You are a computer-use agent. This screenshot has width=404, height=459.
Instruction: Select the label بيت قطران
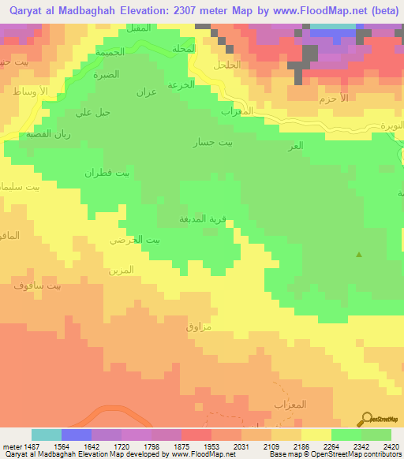tap(108, 173)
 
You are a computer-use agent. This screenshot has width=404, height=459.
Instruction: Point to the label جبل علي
tap(92, 113)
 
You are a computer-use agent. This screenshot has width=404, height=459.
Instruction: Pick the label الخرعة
tap(181, 84)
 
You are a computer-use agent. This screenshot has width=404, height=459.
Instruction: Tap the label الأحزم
tap(334, 99)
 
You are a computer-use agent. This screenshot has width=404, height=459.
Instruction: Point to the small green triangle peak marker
tap(360, 254)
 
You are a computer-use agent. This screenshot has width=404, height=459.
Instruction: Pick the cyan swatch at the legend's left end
tap(47, 435)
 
